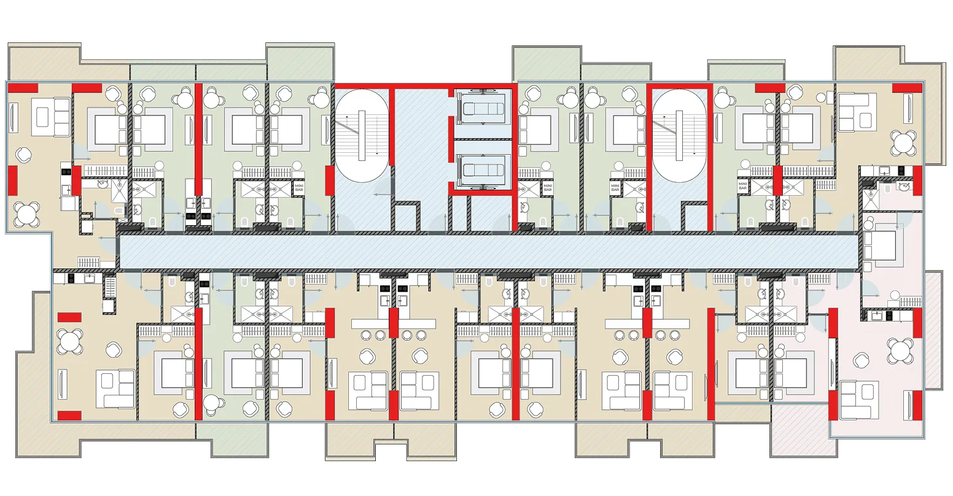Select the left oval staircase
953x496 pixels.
point(362,136)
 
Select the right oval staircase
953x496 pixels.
point(679,136)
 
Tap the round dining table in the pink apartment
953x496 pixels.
point(901,350)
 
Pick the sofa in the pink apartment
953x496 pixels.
point(860,400)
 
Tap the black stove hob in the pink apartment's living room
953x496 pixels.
point(890,316)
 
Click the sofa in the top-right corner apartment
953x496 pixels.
point(857,112)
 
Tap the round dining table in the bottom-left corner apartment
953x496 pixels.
point(70,341)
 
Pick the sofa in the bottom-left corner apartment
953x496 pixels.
point(115,389)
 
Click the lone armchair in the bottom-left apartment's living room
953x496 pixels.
point(113,350)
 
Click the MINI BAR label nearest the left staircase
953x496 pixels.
point(299,188)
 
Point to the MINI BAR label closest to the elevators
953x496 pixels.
point(548,188)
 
